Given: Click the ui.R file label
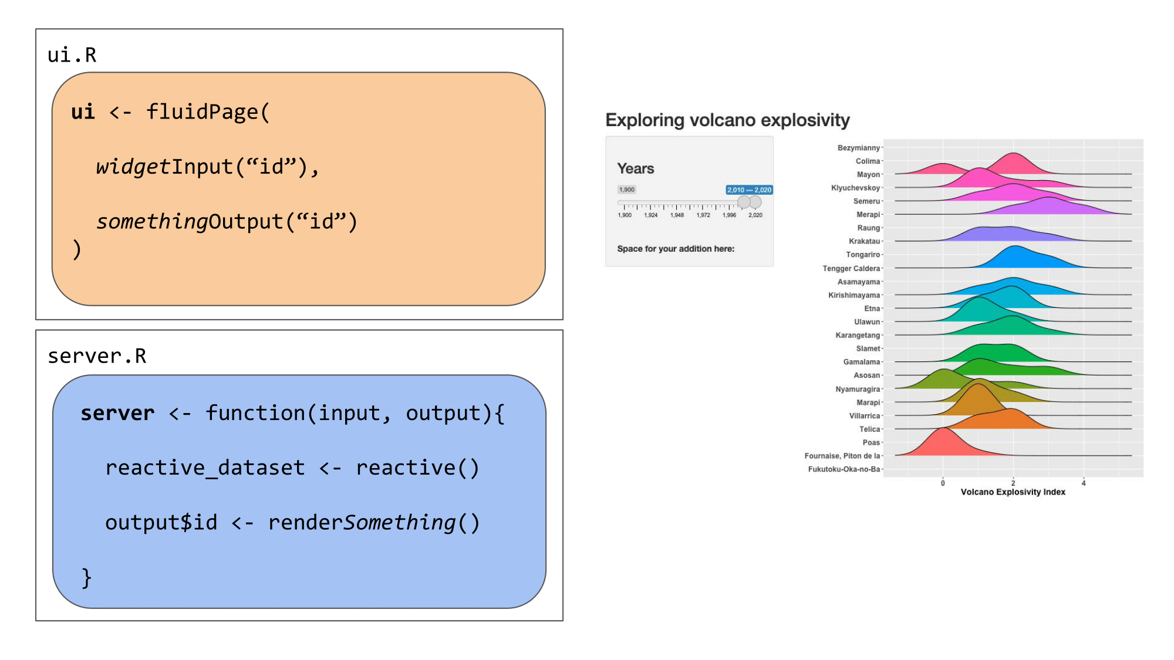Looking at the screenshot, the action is click(72, 55).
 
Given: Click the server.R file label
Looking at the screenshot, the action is click(97, 356).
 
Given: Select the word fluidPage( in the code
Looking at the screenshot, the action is click(208, 111).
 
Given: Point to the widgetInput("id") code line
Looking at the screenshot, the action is click(208, 167).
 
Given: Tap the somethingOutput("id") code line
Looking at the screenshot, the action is click(227, 222).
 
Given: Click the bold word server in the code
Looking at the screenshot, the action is click(117, 413).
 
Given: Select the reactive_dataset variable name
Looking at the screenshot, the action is click(205, 468).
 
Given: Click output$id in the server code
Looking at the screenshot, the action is click(161, 522).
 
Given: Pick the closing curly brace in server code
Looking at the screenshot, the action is click(86, 578).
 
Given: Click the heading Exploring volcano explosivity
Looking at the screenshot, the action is click(727, 120).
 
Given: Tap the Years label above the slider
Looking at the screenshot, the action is click(635, 169).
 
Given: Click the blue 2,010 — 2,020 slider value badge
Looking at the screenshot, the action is click(750, 190).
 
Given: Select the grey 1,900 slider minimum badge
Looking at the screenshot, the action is click(627, 189).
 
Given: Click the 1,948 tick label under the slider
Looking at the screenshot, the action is click(677, 215).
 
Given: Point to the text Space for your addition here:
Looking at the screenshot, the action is click(676, 249).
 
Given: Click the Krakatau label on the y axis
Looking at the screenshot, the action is click(864, 241).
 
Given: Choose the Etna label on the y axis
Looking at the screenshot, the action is click(872, 309).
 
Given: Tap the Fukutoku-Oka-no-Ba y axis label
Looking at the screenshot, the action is click(844, 469).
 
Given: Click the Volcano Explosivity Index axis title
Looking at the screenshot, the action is click(1013, 492).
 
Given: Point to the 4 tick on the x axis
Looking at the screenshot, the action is click(1084, 483).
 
